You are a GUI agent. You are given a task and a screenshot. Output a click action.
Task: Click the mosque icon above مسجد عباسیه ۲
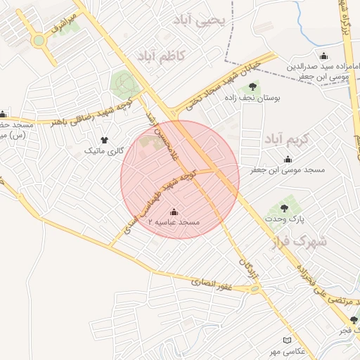click(174, 212)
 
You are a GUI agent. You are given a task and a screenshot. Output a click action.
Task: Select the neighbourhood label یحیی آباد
click(201, 21)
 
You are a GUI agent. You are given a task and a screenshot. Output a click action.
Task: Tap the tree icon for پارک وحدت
click(284, 208)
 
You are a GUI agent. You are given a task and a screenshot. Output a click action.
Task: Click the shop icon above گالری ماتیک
click(105, 140)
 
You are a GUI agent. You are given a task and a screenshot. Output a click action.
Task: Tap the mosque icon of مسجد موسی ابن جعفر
click(288, 160)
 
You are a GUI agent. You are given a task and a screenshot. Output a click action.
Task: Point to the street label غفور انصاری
click(214, 281)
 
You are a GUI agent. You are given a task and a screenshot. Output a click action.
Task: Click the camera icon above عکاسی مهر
click(285, 340)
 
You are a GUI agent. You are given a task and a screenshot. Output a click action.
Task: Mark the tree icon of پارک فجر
click(354, 321)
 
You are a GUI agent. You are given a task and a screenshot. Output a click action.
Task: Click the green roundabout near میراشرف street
click(38, 40)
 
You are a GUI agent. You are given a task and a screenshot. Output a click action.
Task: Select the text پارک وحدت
click(284, 219)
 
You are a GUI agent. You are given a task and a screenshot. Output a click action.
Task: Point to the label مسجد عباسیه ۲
click(174, 222)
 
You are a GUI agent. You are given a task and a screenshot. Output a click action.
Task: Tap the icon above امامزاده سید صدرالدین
click(323, 56)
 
